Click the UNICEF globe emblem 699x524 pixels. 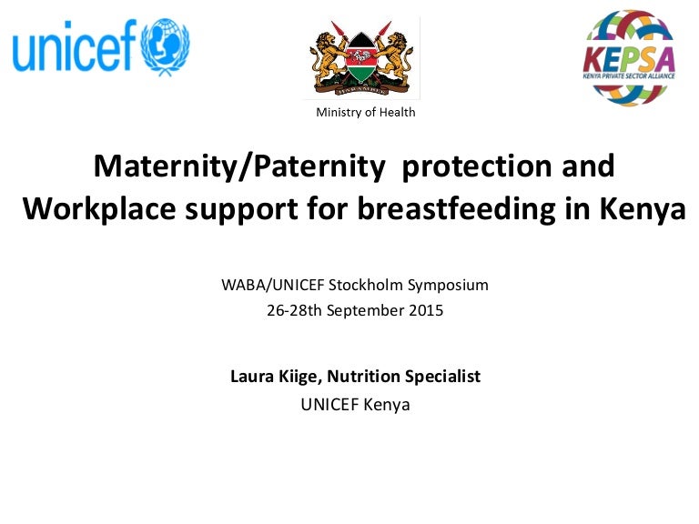click(x=165, y=46)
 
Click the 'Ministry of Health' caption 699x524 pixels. click(x=365, y=113)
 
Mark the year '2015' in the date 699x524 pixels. click(x=425, y=310)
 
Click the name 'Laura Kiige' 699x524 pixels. click(x=270, y=376)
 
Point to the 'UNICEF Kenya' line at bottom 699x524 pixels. click(x=355, y=405)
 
